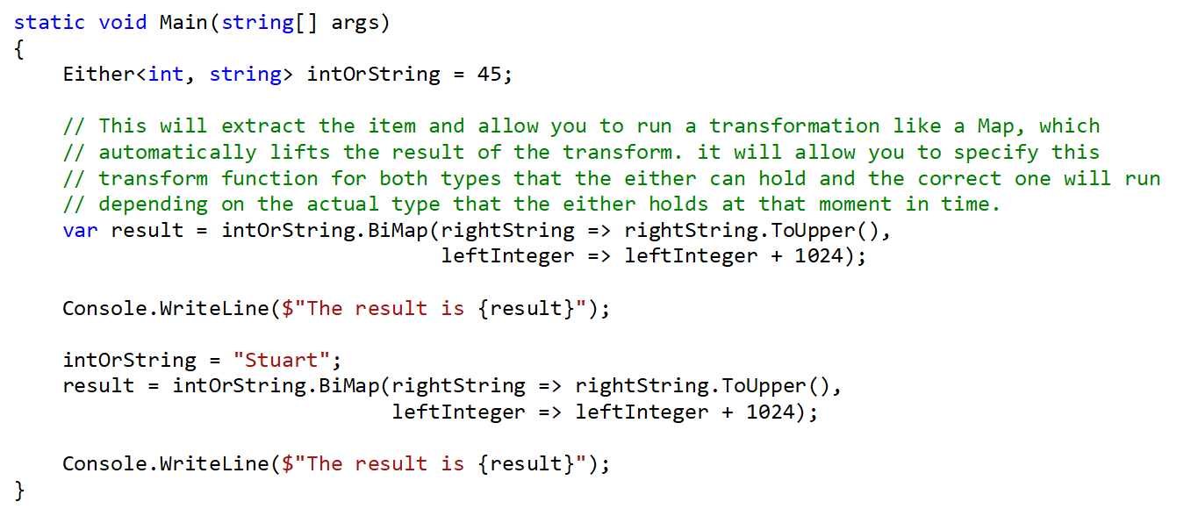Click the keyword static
pos(49,22)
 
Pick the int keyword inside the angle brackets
pos(166,74)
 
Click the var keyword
pos(80,230)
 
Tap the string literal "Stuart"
pos(282,360)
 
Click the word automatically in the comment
pos(177,152)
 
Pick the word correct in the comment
pos(959,178)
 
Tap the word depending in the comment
pos(153,204)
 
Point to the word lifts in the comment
pos(300,152)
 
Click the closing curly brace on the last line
pos(20,489)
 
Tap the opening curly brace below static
pos(20,48)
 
